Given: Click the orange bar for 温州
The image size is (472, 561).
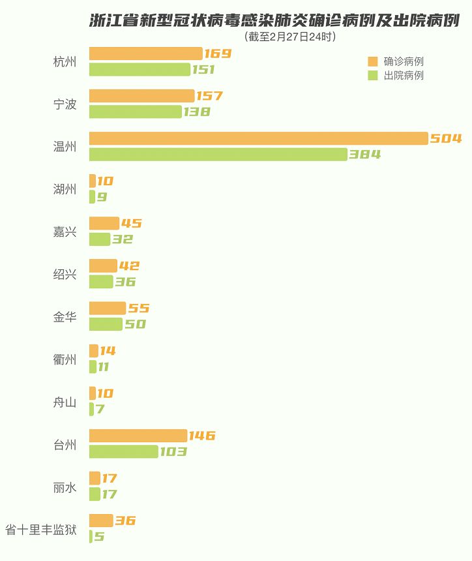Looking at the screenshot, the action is coord(259,138).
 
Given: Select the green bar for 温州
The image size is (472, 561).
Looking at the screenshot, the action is coord(218,154).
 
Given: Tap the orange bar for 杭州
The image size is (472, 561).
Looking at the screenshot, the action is coord(146,53).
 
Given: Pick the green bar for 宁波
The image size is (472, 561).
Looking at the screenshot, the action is coord(136,112).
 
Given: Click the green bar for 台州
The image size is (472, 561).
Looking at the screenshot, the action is coord(124,451).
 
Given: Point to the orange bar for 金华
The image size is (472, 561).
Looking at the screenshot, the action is coord(108,308).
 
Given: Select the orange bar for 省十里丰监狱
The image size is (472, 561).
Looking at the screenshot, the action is coord(101,521).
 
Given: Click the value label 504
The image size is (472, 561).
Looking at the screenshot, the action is coord(446,138).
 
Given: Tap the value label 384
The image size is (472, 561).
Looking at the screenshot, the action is coord(365,154).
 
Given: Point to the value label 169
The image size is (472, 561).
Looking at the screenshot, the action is coord(218,53).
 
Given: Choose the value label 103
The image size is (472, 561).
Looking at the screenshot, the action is coord(173,451).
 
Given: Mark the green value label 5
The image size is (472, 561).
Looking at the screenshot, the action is coord(99,536).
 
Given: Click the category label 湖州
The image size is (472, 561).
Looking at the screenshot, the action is coord(65,189).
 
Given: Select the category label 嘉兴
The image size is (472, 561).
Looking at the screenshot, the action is coord(65,232).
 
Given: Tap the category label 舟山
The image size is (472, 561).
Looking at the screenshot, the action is coord(65,402).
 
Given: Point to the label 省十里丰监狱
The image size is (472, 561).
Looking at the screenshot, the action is coord(41,530).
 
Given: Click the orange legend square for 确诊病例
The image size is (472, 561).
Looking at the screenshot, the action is coord(373,61).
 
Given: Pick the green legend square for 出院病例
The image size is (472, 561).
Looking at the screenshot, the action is coord(373,76).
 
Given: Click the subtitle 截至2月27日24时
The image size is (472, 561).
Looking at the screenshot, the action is coord(290,37).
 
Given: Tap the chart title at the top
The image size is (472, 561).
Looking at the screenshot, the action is coord(274,20).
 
